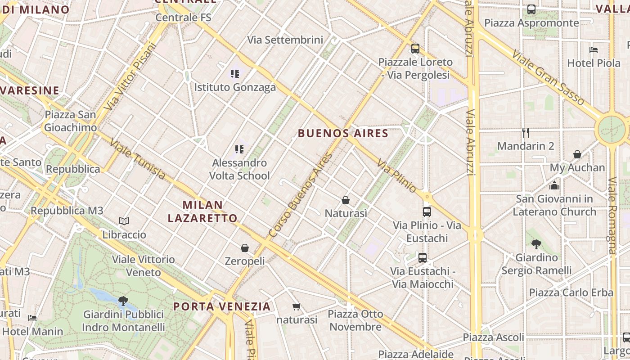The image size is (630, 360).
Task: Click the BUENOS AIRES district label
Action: point(343,133)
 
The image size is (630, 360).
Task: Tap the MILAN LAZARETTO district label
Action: point(202,211)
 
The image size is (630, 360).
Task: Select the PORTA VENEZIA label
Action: point(222,306)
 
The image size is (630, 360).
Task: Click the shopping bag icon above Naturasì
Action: point(346,200)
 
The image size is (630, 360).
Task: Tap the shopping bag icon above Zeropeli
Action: point(245,248)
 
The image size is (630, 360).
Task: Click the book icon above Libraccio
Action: point(124,221)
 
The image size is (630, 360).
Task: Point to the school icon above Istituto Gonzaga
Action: point(234,73)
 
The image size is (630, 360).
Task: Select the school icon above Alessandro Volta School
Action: point(239,149)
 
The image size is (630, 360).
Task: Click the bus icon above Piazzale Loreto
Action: point(415,48)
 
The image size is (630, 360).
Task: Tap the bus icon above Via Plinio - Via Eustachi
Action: point(427,211)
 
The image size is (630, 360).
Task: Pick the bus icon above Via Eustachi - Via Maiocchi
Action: point(422,258)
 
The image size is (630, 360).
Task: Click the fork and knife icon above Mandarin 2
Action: point(525,132)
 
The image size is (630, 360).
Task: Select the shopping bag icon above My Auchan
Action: point(577,154)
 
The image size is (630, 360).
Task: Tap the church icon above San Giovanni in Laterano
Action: point(554,185)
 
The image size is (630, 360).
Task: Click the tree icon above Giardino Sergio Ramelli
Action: point(536,244)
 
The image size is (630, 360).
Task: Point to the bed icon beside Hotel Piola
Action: point(594,50)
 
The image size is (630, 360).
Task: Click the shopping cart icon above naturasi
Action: point(296,306)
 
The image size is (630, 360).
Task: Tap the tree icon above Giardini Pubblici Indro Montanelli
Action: point(123,301)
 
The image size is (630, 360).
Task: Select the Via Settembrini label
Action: point(285,40)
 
